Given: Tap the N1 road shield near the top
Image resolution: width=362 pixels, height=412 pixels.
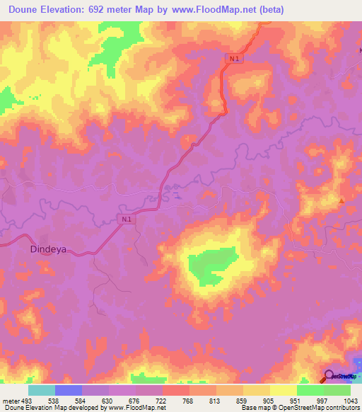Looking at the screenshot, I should click(x=235, y=59).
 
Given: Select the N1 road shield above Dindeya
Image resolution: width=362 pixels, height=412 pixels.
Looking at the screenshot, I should click(x=125, y=220).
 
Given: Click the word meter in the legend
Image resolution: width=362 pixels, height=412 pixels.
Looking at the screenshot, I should click(x=10, y=400).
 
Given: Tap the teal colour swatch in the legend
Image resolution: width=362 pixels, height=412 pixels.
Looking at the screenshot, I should click(x=41, y=390).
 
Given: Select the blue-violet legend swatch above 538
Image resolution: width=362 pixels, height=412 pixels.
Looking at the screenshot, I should click(x=68, y=390).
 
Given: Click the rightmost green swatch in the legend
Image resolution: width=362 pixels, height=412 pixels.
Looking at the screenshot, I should click(x=337, y=390).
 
